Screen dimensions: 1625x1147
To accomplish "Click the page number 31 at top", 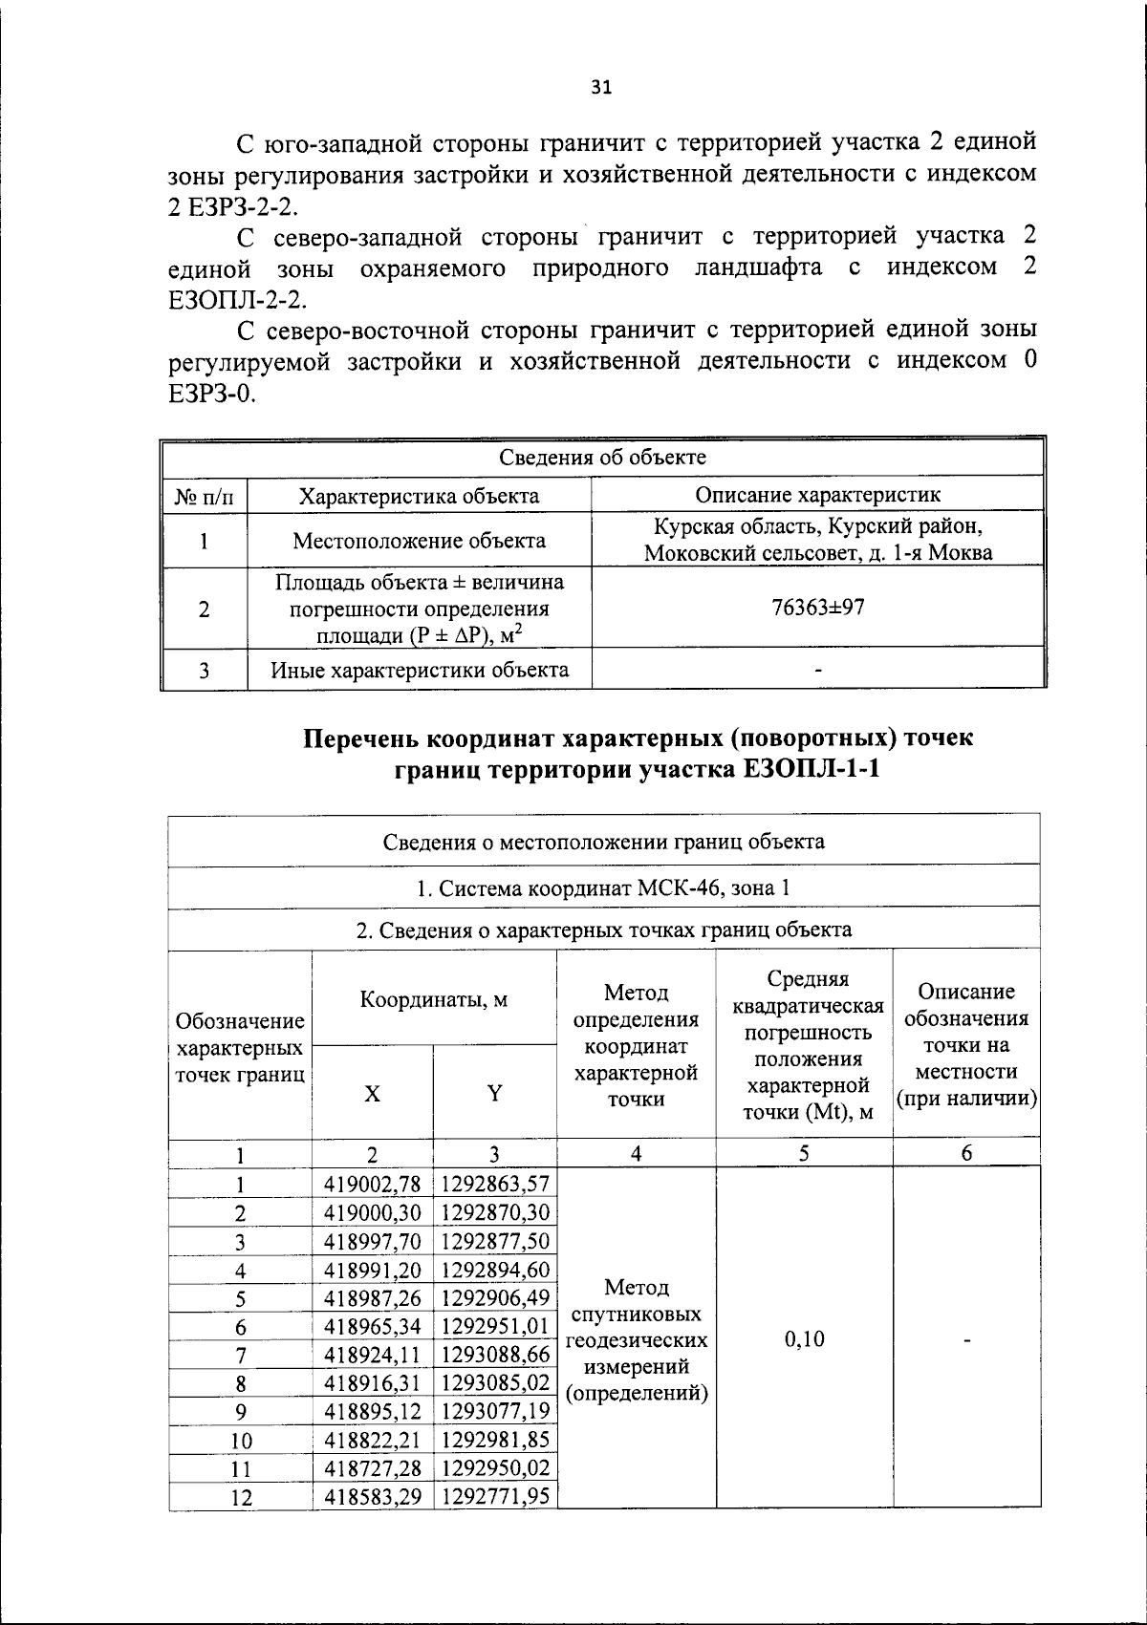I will pyautogui.click(x=601, y=88).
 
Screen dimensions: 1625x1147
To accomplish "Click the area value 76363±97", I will pyautogui.click(x=817, y=608).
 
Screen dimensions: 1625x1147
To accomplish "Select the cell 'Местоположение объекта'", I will pyautogui.click(x=419, y=541).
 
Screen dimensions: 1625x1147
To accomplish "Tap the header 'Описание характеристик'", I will pyautogui.click(x=817, y=495).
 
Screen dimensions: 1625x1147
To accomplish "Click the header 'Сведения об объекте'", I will pyautogui.click(x=603, y=458).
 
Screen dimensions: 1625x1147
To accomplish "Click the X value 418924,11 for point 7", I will pyautogui.click(x=372, y=1355).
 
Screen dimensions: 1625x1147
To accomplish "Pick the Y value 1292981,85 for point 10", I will pyautogui.click(x=494, y=1440).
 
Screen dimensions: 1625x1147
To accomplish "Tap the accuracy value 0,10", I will pyautogui.click(x=804, y=1339).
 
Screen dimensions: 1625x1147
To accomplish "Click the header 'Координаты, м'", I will pyautogui.click(x=434, y=1000).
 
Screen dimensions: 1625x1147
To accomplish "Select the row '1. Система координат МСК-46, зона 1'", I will pyautogui.click(x=603, y=887).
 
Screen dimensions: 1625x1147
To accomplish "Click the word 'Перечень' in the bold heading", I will pyautogui.click(x=359, y=738).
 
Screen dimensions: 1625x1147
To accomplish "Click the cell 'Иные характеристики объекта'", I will pyautogui.click(x=419, y=670).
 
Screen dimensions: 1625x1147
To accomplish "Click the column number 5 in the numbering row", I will pyautogui.click(x=804, y=1154).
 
